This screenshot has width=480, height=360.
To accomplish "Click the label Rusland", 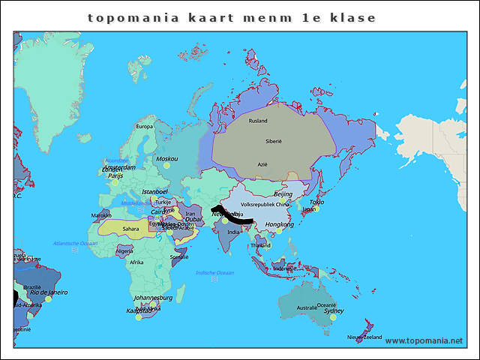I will (x=258, y=121).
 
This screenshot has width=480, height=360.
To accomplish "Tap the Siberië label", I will (x=273, y=142).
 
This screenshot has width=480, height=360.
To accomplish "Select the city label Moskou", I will (x=166, y=159).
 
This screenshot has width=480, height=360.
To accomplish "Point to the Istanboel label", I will (x=156, y=192).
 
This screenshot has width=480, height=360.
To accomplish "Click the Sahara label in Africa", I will (x=130, y=229).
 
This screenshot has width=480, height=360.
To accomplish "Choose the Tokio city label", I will (x=316, y=202).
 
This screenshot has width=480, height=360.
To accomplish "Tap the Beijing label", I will (x=283, y=194).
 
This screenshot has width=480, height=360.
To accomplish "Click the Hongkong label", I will (x=280, y=224).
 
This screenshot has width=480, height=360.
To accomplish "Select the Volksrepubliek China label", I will (x=265, y=204).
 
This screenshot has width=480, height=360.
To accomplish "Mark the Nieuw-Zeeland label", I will (x=364, y=337).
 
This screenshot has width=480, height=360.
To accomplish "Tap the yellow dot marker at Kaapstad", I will (x=138, y=317).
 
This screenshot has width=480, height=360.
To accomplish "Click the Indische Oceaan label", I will (x=214, y=273).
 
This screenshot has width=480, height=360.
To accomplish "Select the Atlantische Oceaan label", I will (x=75, y=244).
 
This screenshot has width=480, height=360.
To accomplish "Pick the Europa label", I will (x=144, y=127).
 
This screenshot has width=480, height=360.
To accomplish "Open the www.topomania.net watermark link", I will (x=424, y=340).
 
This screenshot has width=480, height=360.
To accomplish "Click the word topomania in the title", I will (x=133, y=17).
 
